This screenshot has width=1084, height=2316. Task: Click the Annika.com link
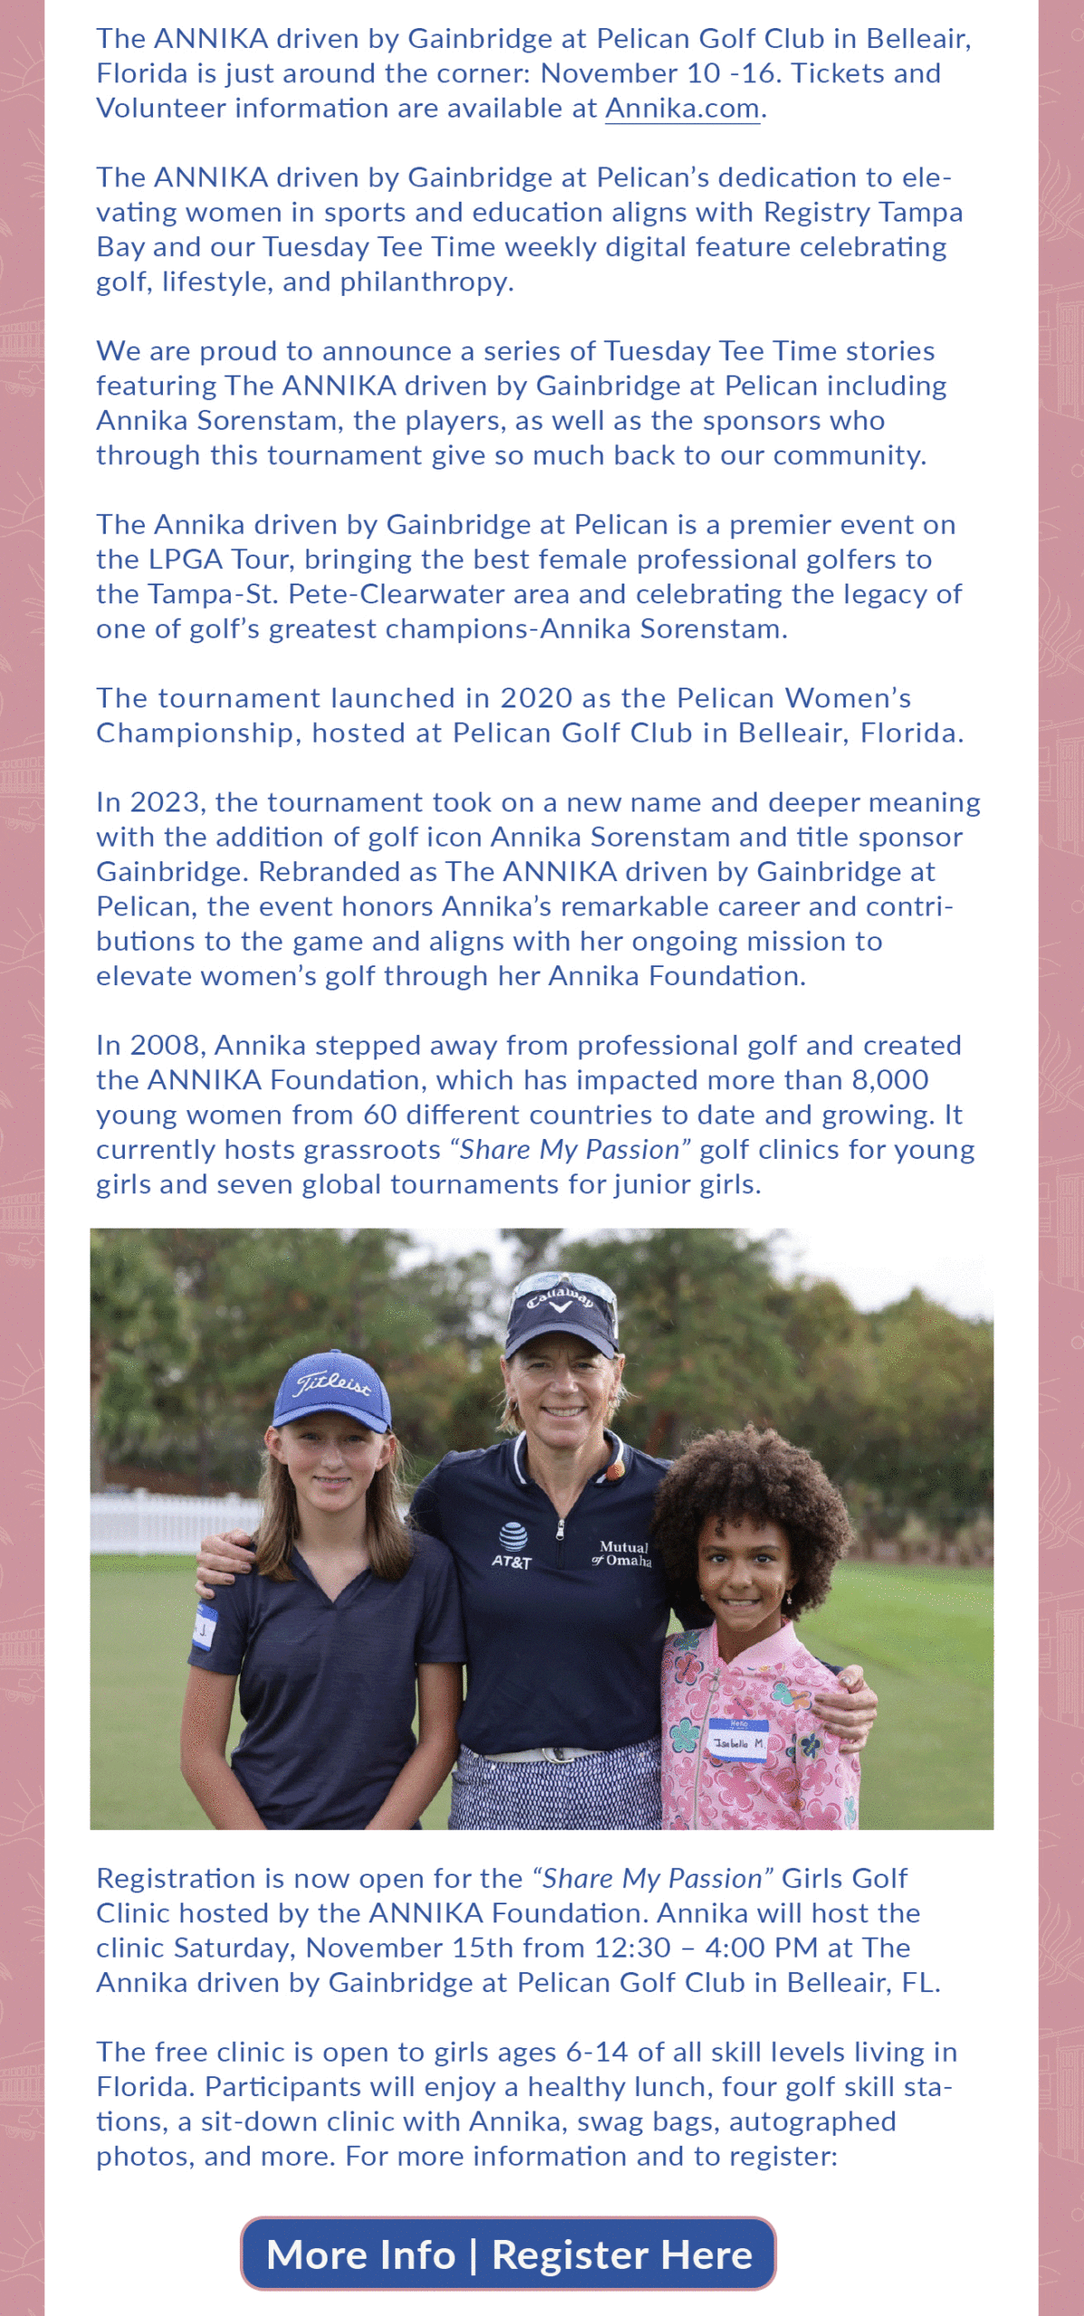(682, 109)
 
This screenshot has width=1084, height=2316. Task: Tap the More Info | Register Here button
(509, 2254)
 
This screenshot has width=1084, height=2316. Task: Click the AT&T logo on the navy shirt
(512, 1546)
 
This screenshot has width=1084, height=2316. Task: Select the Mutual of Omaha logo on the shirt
(623, 1553)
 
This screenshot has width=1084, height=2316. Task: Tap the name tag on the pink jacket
(737, 1740)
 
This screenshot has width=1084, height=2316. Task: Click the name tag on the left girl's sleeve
(204, 1628)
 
